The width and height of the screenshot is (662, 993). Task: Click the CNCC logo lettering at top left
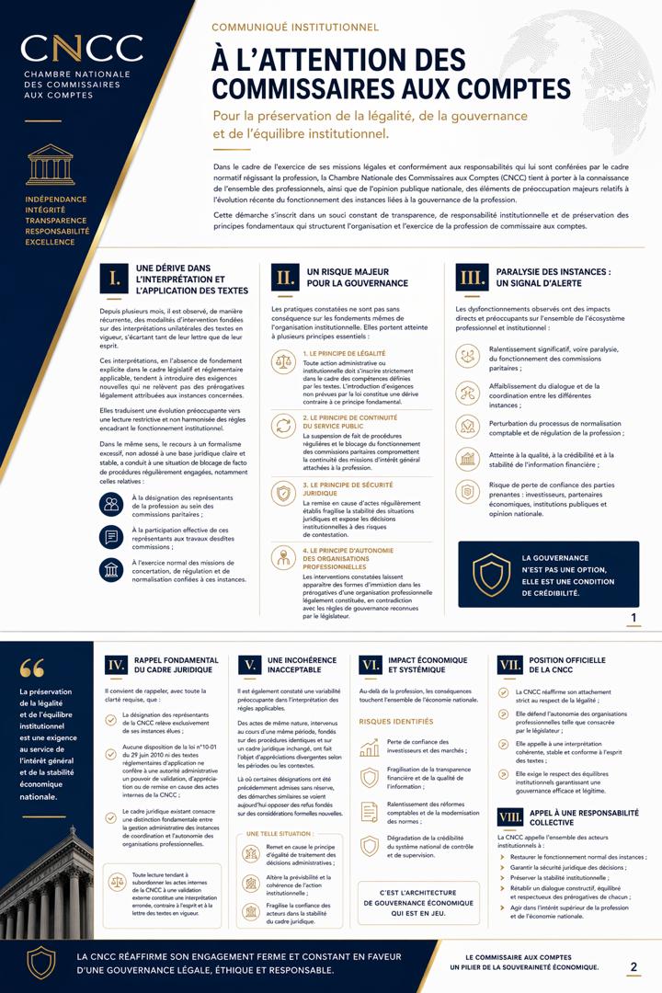82,49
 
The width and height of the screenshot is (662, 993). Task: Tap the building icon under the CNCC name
51,163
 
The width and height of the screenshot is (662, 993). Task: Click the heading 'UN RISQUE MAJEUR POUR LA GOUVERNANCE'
344,278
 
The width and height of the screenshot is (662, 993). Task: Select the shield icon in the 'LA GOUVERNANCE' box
491,575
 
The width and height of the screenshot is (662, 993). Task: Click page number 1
633,617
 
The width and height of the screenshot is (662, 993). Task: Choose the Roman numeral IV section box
116,666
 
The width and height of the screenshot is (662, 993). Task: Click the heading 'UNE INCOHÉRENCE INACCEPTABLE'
301,666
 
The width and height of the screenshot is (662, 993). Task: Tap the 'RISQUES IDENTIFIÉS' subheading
395,722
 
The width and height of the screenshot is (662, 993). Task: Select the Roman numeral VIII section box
509,818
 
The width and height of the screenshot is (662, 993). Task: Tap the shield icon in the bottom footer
40,962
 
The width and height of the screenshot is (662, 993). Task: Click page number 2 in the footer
633,966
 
